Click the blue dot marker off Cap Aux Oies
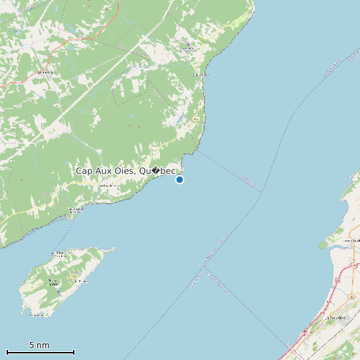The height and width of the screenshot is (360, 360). pyautogui.click(x=179, y=179)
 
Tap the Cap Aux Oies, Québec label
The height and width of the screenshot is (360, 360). pyautogui.click(x=126, y=171)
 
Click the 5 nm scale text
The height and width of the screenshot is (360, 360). pyautogui.click(x=39, y=345)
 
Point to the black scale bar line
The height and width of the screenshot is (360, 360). pyautogui.click(x=40, y=351)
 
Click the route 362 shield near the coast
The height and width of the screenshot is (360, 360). pyautogui.click(x=196, y=118)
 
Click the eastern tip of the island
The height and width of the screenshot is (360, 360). pyautogui.click(x=114, y=250)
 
